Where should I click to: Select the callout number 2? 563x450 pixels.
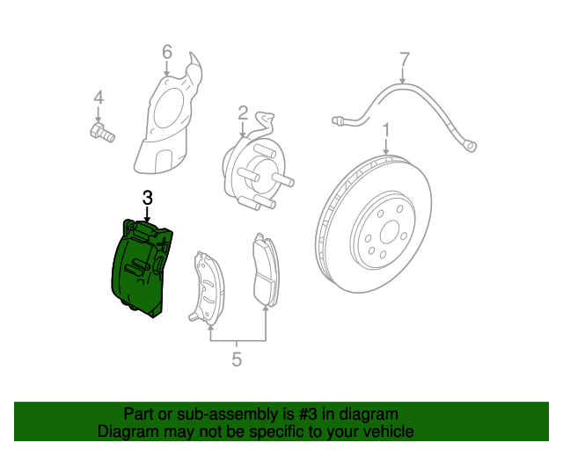pyautogui.click(x=242, y=112)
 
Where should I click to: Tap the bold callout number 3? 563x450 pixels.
pyautogui.click(x=147, y=198)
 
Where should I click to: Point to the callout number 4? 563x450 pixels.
pyautogui.click(x=99, y=97)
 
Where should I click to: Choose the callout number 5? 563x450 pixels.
pyautogui.click(x=237, y=359)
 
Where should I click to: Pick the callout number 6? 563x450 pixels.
pyautogui.click(x=166, y=54)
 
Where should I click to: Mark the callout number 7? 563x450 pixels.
pyautogui.click(x=404, y=60)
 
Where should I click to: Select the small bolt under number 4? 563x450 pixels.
pyautogui.click(x=100, y=134)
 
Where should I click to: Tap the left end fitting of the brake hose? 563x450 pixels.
pyautogui.click(x=337, y=119)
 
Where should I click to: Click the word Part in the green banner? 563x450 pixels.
pyautogui.click(x=139, y=414)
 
